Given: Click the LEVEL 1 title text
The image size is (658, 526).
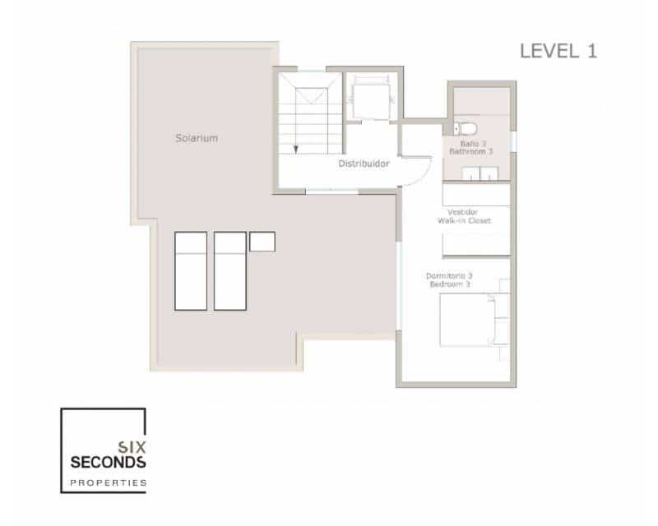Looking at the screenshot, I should coord(558,50).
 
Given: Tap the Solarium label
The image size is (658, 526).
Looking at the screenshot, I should coord(196,138).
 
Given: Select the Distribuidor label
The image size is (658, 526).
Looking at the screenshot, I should coord(363,164).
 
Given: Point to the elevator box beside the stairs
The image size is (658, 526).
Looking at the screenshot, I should coord(364,99).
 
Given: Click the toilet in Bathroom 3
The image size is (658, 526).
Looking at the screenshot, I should coord(462,128).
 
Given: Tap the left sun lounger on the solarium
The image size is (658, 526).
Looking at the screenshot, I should coord(190,270).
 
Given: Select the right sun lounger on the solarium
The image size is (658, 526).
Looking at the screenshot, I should coord(230,270).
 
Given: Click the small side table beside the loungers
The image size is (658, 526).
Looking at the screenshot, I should coord(262,242).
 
